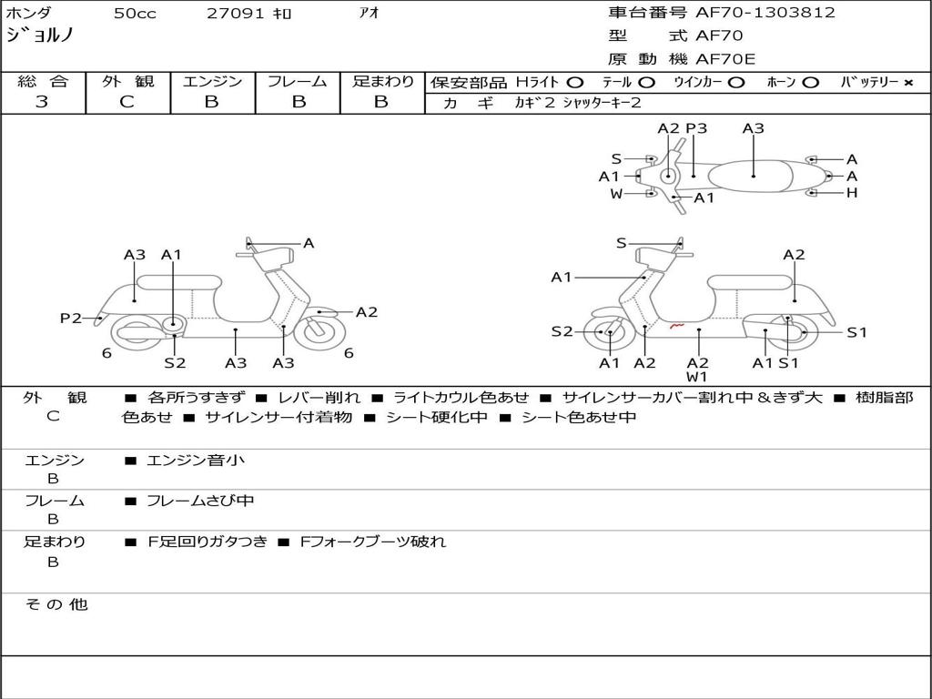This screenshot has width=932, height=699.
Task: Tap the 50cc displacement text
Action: pyautogui.click(x=135, y=13)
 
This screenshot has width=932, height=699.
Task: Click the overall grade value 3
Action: pyautogui.click(x=42, y=102)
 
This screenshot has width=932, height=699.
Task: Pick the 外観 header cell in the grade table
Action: pyautogui.click(x=127, y=81)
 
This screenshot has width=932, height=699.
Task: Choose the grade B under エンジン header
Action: pyautogui.click(x=211, y=102)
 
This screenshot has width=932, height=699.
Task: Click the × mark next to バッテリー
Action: pyautogui.click(x=908, y=83)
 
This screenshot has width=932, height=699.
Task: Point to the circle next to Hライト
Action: pyautogui.click(x=575, y=83)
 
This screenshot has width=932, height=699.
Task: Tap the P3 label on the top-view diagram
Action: pyautogui.click(x=696, y=128)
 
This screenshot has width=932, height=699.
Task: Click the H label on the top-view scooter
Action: pyautogui.click(x=852, y=193)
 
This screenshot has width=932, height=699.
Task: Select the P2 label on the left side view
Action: pyautogui.click(x=71, y=319)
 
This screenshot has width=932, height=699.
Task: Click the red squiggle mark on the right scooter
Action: pyautogui.click(x=676, y=326)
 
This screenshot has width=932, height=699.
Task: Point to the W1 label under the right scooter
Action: pyautogui.click(x=696, y=377)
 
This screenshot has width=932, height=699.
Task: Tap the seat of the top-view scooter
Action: pyautogui.click(x=750, y=177)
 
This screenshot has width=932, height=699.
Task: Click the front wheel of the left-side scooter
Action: pyautogui.click(x=319, y=331)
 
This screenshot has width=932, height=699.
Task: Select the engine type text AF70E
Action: pyautogui.click(x=725, y=59)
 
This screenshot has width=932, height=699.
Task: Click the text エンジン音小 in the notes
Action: pyautogui.click(x=196, y=460)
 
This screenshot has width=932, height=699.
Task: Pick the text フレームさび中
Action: pyautogui.click(x=200, y=501)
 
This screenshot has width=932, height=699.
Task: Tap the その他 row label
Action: pyautogui.click(x=56, y=604)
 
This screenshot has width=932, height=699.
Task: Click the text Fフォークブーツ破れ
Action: pyautogui.click(x=372, y=542)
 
